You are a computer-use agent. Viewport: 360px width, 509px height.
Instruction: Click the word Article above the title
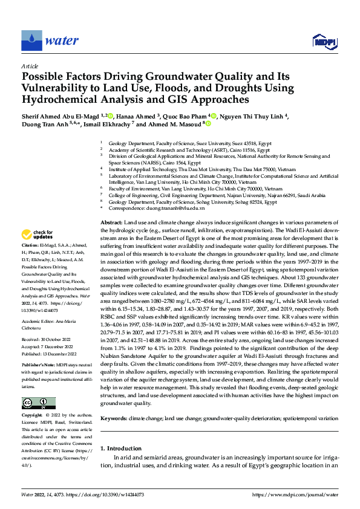pos(30,65)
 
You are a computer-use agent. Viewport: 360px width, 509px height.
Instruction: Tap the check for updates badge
pos(38,234)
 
